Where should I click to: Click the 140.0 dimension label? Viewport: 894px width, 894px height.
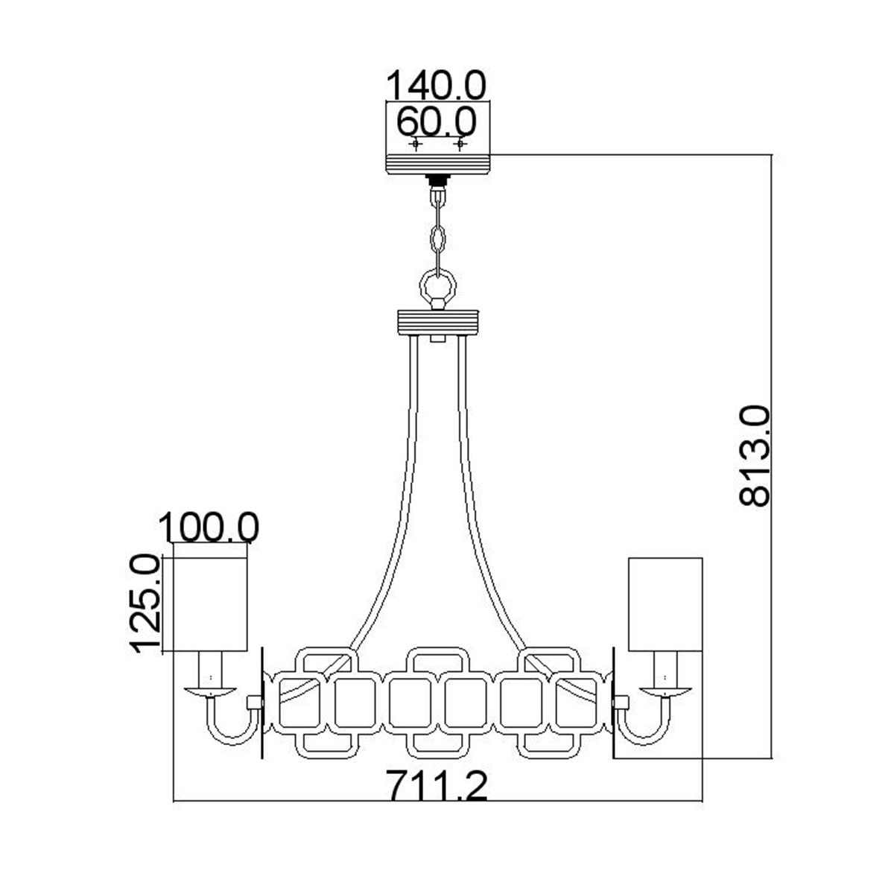pos(436,86)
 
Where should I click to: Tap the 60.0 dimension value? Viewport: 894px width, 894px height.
pos(437,121)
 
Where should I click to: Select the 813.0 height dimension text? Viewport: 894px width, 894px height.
pos(754,455)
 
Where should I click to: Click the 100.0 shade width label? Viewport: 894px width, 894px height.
pos(209,527)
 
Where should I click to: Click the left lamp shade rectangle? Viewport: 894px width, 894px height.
pos(209,604)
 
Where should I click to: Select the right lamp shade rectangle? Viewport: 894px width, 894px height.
pos(665,604)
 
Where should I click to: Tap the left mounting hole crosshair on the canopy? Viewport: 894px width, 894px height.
pos(416,145)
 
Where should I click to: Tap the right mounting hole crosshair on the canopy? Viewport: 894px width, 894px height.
pos(460,145)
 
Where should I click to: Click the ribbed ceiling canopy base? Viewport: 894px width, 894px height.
pos(438,164)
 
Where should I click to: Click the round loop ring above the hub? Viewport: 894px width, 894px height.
pos(437,286)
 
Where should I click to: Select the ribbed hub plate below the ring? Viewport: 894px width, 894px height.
pos(437,322)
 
